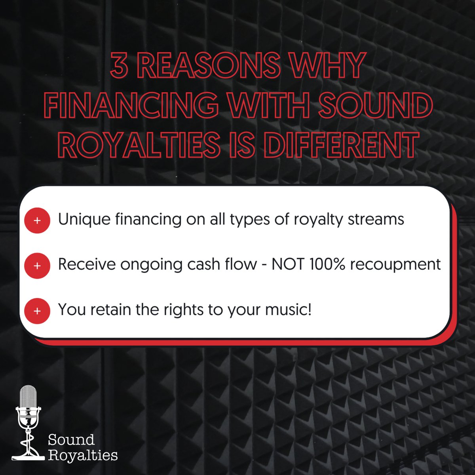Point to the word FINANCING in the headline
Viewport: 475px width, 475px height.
pos(131,105)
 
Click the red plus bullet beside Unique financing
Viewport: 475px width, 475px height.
pos(37,220)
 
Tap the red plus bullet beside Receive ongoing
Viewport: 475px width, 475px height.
pos(37,265)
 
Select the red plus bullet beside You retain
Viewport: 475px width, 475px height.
pos(37,311)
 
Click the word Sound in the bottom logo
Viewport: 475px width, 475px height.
pos(71,439)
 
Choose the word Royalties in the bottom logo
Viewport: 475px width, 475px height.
pos(83,455)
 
